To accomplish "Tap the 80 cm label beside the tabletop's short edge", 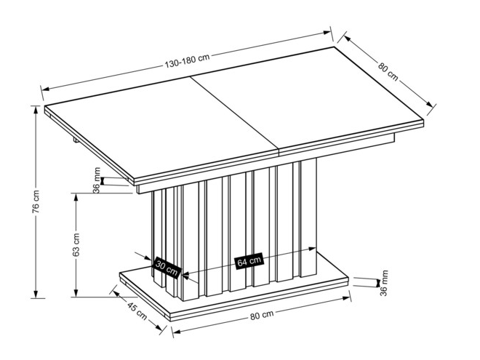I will coord(388,69).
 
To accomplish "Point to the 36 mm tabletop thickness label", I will coord(96,179).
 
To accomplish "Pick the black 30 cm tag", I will coord(166,268).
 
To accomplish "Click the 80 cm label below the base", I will coord(262,315).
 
